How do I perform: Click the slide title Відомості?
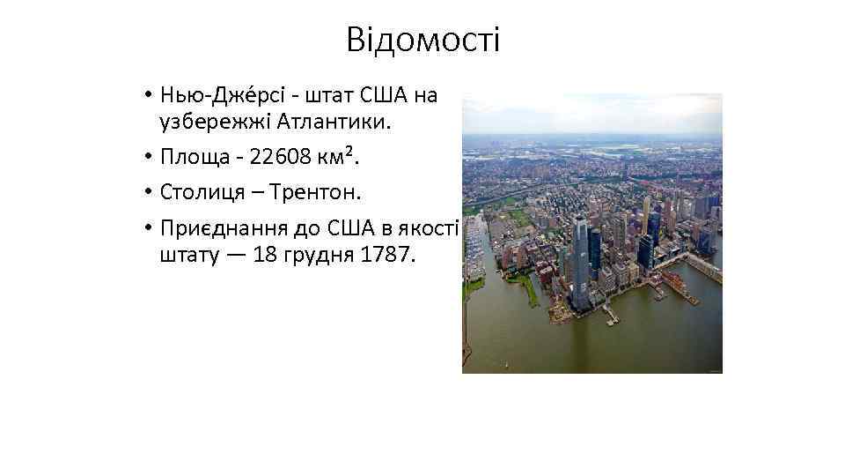coord(422,40)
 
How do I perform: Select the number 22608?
coord(279,157)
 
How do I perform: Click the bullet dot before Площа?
coord(151,158)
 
